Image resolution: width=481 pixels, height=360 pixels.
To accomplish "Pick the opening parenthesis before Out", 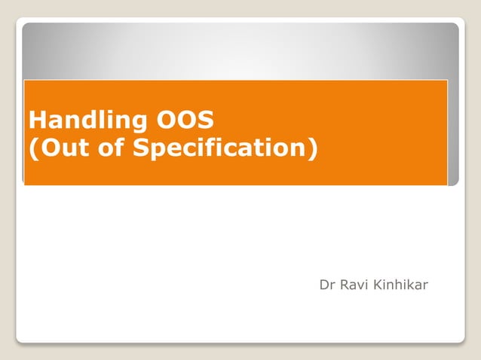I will [x=32, y=148].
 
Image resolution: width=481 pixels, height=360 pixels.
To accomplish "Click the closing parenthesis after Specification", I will [x=312, y=148].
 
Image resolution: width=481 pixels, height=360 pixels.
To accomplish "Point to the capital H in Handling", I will [x=35, y=120].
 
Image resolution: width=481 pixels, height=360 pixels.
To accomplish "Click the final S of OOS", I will [x=207, y=120].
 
